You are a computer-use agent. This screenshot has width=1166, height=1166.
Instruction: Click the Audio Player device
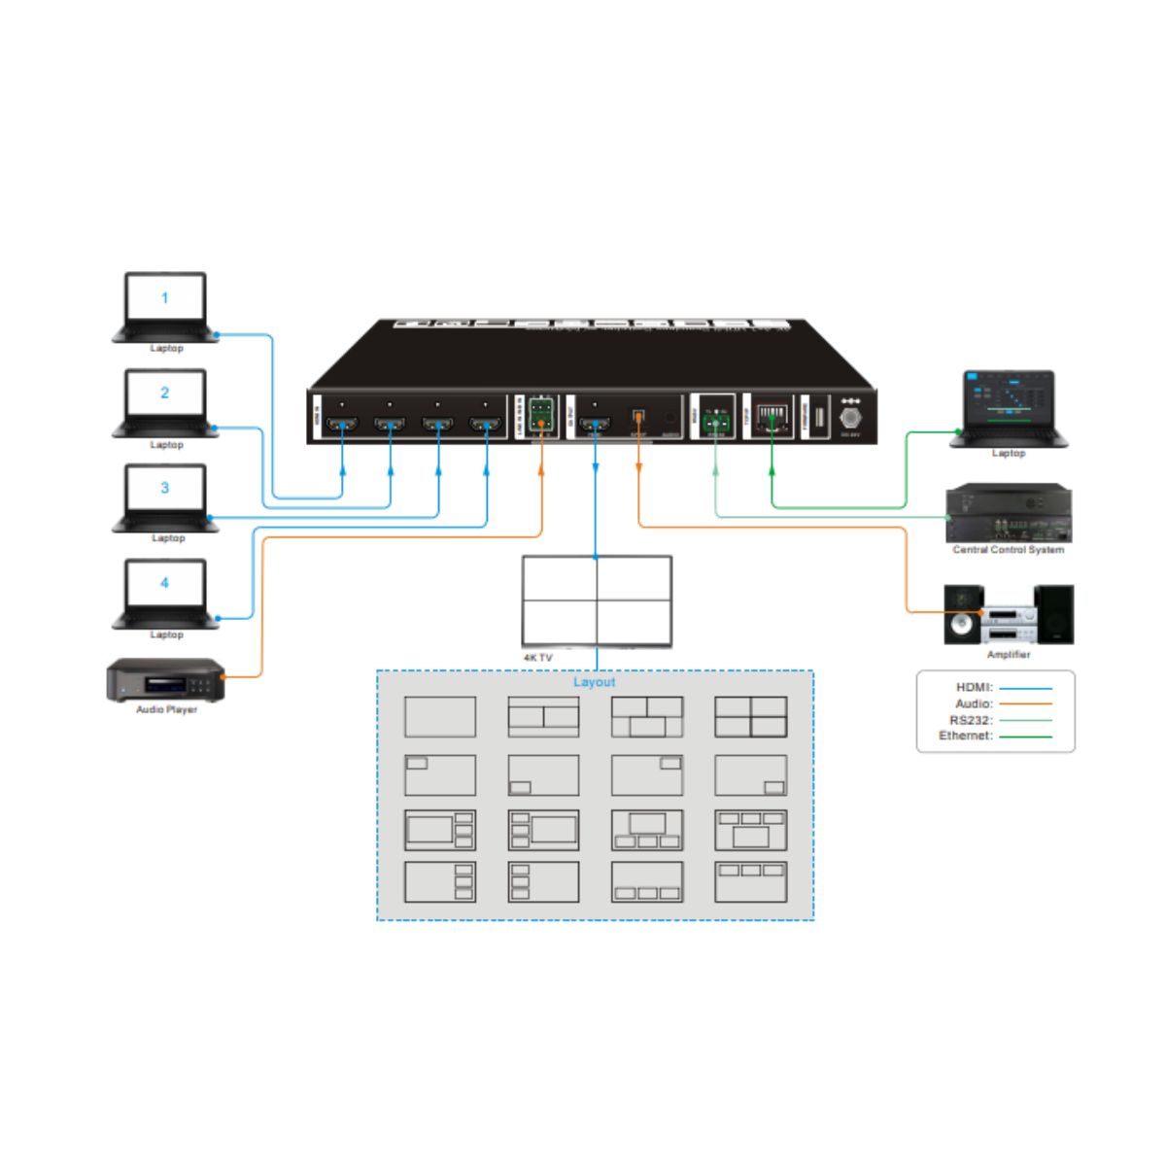(x=165, y=679)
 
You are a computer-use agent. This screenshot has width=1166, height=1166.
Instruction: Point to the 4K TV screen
(x=597, y=600)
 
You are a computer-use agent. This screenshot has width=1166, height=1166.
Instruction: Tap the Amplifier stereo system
(x=1009, y=614)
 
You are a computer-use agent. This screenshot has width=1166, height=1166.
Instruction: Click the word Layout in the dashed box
(x=594, y=682)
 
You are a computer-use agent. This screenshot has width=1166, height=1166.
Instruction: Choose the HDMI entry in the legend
(x=974, y=687)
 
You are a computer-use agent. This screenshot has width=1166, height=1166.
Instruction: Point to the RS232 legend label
(x=970, y=720)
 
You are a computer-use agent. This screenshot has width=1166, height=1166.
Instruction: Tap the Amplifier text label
(x=1009, y=655)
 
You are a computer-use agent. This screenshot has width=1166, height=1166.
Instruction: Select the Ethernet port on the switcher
(x=772, y=417)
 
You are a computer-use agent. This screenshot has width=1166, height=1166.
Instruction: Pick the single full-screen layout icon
(x=440, y=717)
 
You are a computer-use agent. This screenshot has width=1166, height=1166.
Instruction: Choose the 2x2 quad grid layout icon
(x=750, y=717)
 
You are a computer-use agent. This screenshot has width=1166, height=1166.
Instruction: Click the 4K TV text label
(x=537, y=658)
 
